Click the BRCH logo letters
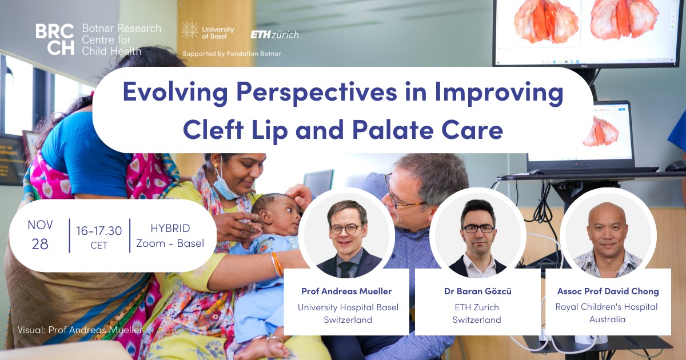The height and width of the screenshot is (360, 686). tap(55, 39)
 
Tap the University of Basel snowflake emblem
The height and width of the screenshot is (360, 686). tap(190, 30)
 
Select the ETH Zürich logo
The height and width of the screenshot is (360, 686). tap(275, 35)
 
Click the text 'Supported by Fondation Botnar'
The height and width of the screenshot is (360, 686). tap(232, 54)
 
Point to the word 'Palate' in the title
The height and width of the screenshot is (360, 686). tap(393, 129)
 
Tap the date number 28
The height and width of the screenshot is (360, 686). tap(40, 244)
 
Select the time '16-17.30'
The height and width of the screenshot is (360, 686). tap(99, 230)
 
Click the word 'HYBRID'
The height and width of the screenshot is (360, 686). tap(170, 228)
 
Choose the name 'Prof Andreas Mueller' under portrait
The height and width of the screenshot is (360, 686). tap(346, 291)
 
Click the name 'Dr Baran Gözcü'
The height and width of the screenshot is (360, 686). tap(478, 291)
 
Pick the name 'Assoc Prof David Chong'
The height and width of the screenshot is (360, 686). tap(608, 291)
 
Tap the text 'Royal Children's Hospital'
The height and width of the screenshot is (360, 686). tap(607, 307)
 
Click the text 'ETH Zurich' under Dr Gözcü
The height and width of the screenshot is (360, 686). tap(477, 307)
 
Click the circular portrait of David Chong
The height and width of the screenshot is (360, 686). tap(608, 235)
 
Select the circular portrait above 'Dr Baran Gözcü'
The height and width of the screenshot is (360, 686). tap(478, 235)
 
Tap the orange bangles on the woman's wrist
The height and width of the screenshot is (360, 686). tap(277, 264)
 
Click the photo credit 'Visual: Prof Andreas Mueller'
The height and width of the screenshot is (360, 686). tap(80, 330)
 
